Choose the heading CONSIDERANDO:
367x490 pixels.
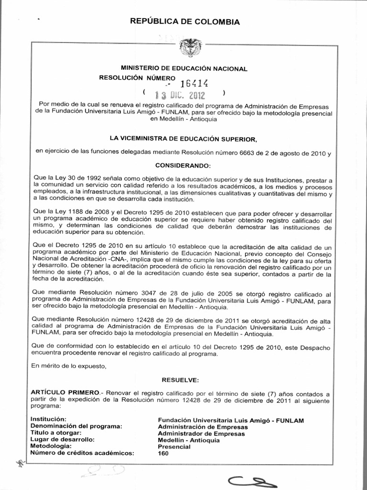click(x=184, y=165)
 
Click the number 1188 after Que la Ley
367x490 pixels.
click(x=74, y=211)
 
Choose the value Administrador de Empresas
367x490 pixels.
click(x=201, y=434)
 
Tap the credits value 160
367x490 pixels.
click(x=163, y=454)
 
